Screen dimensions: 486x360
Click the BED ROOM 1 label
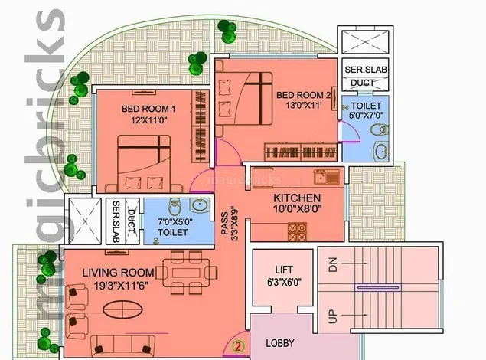pyautogui.click(x=148, y=109)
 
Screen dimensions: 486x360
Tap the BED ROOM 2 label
pyautogui.click(x=303, y=95)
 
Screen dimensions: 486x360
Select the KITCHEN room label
pyautogui.click(x=297, y=198)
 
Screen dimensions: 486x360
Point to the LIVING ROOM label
pyautogui.click(x=118, y=273)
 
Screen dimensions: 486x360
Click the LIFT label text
pyautogui.click(x=284, y=270)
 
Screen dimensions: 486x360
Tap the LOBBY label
pyautogui.click(x=280, y=343)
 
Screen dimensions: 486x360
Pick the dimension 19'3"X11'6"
pyautogui.click(x=121, y=285)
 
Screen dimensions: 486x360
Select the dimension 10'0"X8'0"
pyautogui.click(x=297, y=208)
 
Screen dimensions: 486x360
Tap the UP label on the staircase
pyautogui.click(x=332, y=316)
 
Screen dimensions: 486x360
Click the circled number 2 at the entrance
pyautogui.click(x=238, y=346)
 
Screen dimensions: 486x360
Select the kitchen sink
pyautogui.click(x=327, y=177)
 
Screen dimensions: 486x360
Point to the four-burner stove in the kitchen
pyautogui.click(x=297, y=232)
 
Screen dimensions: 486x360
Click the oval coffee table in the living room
pyautogui.click(x=122, y=309)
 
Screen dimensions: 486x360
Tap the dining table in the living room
pyautogui.click(x=186, y=273)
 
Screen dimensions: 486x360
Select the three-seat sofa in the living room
pyautogui.click(x=122, y=345)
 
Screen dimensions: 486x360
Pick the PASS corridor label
pyautogui.click(x=225, y=223)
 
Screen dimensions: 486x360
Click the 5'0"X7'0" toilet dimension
pyautogui.click(x=366, y=116)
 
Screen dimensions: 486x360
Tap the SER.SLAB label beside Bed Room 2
pyautogui.click(x=366, y=70)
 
